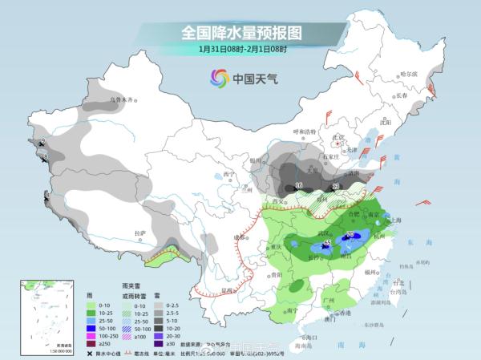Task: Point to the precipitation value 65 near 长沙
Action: pos(326,243)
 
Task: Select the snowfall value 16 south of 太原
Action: pos(299,186)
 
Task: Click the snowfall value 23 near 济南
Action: pos(335,186)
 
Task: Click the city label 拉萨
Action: pos(141,233)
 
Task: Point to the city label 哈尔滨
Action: pos(409,74)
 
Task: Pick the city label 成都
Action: pos(237,237)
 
